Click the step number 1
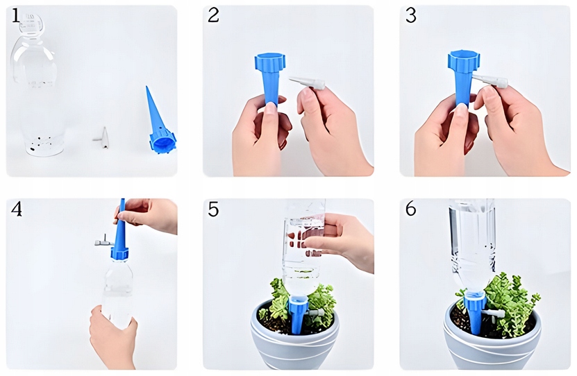[15, 15]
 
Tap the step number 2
[213, 15]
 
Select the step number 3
[410, 15]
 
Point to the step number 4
[17, 209]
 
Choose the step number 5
[213, 209]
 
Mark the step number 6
[410, 209]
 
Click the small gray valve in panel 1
[101, 138]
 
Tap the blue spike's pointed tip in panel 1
[147, 87]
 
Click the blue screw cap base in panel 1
[162, 141]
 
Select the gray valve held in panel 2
[308, 83]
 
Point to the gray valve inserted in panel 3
[490, 80]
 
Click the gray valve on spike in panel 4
[104, 241]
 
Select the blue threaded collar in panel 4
[119, 254]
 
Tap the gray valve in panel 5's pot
[316, 313]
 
